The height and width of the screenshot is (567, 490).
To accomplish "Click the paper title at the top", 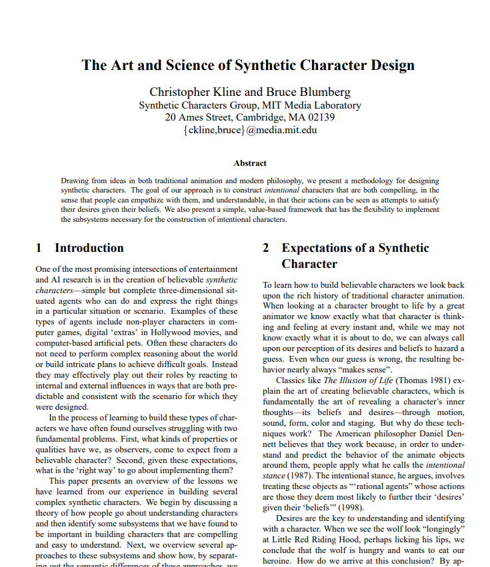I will point(248,65).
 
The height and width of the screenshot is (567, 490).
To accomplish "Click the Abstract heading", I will point(250,163).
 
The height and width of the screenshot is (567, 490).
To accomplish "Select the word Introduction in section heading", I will point(89,248).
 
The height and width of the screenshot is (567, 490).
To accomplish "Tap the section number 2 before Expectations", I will point(266,248).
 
